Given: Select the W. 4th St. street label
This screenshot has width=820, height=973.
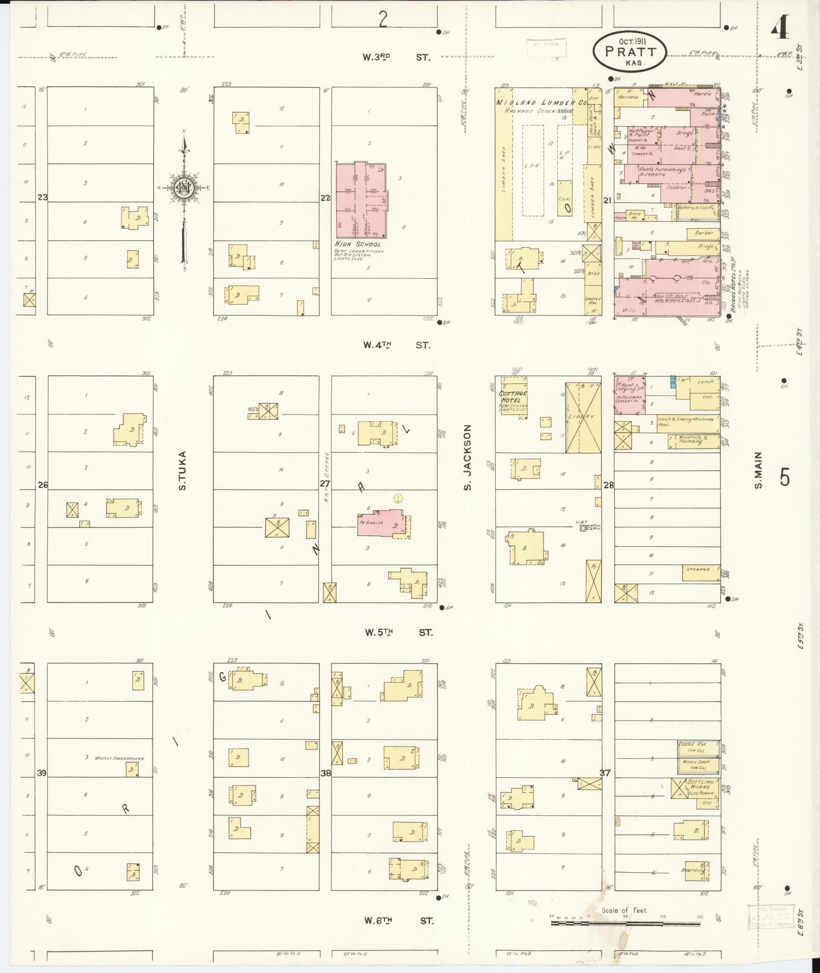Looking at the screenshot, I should click(396, 345).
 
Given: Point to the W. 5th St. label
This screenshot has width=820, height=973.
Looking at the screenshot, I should click(398, 633).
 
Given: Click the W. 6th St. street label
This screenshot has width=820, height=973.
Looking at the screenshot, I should click(398, 921).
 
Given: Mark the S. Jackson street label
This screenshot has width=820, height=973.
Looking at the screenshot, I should click(467, 458).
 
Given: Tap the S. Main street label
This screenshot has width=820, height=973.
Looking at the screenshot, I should click(758, 470).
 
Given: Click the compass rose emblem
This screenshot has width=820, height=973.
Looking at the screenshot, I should click(183, 188).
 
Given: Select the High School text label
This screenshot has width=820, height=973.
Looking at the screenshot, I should click(357, 244).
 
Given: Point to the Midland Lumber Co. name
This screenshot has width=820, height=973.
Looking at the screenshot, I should click(541, 103).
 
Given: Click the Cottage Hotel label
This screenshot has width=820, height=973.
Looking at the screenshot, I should click(513, 397).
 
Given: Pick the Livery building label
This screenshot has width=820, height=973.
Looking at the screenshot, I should click(583, 417).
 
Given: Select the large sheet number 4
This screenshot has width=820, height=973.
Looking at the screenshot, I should click(780, 28).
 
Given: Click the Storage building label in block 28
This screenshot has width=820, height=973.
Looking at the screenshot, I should click(697, 570).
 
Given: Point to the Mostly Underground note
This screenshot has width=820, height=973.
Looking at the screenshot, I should click(119, 758).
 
